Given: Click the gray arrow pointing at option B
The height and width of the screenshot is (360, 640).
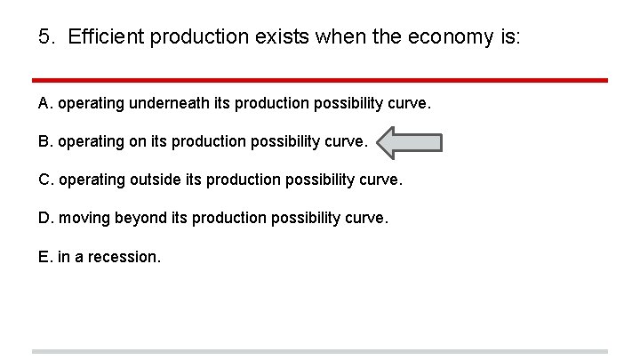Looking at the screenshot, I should (409, 142).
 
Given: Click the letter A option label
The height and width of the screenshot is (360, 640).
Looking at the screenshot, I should (44, 104).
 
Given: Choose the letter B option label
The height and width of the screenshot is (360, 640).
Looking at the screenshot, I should (44, 142).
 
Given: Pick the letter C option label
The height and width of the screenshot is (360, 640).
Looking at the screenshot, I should (44, 180).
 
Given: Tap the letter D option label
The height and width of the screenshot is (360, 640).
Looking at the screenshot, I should (44, 219).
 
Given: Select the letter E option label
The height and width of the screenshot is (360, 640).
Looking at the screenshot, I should (44, 257).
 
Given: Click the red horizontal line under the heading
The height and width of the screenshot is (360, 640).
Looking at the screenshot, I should (320, 80).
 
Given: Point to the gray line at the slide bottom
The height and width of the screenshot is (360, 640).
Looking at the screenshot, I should (320, 351).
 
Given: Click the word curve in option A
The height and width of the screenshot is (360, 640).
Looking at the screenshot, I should (408, 104).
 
